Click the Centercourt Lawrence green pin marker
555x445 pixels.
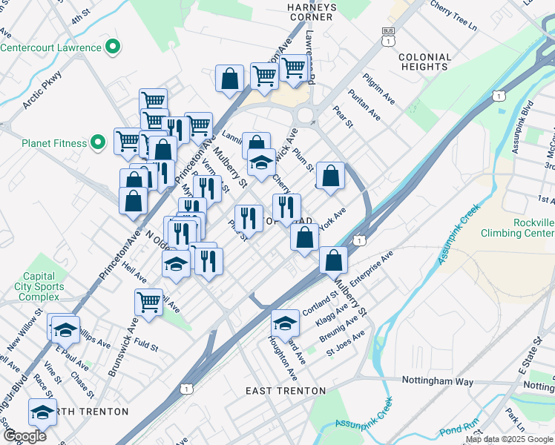pyautogui.click(x=113, y=48)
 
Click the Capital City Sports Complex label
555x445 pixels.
pyautogui.click(x=38, y=287)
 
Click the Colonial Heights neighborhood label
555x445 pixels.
pyautogui.click(x=424, y=62)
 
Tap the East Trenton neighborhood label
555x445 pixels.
pyautogui.click(x=286, y=391)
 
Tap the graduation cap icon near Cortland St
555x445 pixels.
pyautogui.click(x=285, y=323)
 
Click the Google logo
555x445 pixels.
pyautogui.click(x=24, y=436)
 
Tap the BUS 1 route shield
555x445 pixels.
pyautogui.click(x=388, y=36)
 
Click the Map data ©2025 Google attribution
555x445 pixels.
pyautogui.click(x=509, y=439)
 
